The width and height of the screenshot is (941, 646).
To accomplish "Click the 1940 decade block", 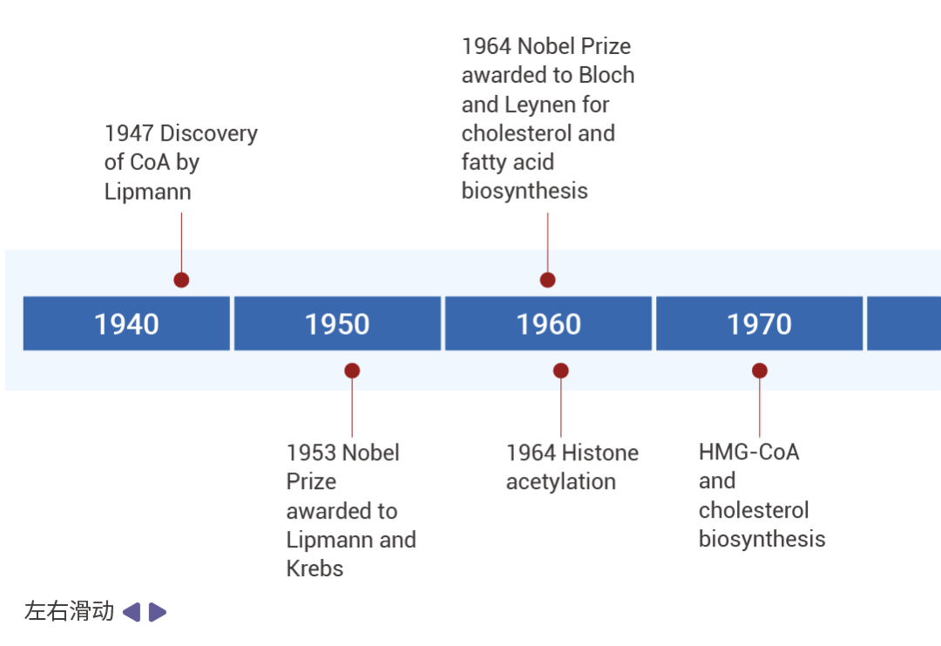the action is pyautogui.click(x=126, y=323).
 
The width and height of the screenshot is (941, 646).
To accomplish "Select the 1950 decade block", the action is pyautogui.click(x=337, y=323).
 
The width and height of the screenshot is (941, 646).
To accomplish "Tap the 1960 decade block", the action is pyautogui.click(x=549, y=323).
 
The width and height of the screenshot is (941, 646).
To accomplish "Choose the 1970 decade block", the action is pyautogui.click(x=759, y=323).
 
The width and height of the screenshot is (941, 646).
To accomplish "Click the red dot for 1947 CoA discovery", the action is pyautogui.click(x=181, y=280).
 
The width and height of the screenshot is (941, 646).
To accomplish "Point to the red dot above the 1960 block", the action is pyautogui.click(x=547, y=280).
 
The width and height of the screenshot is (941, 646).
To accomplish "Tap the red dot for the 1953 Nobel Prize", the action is pyautogui.click(x=352, y=371).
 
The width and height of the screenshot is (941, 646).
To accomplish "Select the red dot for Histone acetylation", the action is pyautogui.click(x=561, y=371).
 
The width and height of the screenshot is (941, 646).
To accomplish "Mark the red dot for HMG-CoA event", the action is pyautogui.click(x=760, y=371).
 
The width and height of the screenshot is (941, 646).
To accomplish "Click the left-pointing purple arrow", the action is pyautogui.click(x=132, y=612).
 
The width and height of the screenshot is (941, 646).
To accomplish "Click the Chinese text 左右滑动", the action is pyautogui.click(x=69, y=611).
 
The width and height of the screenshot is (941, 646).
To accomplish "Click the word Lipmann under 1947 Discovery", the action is pyautogui.click(x=147, y=192).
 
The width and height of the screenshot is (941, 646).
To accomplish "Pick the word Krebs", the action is pyautogui.click(x=315, y=568).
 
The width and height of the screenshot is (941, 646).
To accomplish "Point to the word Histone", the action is pyautogui.click(x=600, y=452).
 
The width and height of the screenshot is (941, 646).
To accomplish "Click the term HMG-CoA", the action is pyautogui.click(x=749, y=452).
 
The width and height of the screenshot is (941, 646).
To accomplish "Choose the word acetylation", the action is pyautogui.click(x=561, y=481).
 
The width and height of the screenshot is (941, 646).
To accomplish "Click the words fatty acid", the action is pyautogui.click(x=508, y=162).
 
